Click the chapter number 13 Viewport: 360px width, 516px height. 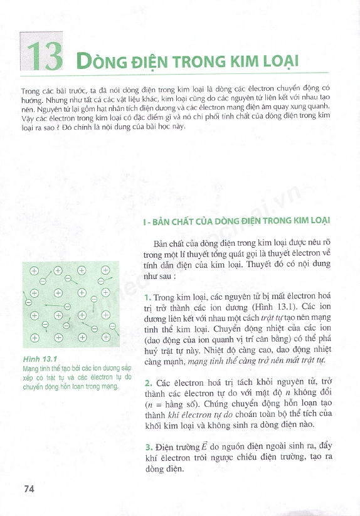42,56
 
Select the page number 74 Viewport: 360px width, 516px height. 29,489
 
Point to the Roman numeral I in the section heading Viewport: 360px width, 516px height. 146,221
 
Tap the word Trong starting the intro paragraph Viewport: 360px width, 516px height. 29,91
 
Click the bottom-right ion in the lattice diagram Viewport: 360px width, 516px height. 106,337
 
